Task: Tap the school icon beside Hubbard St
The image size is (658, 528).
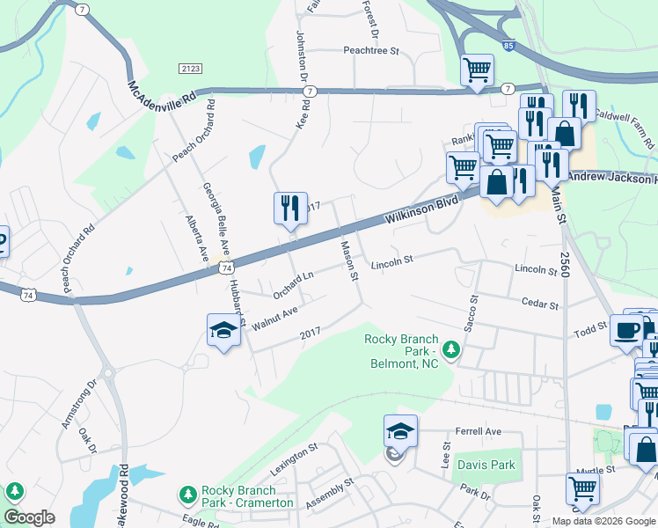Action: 223,331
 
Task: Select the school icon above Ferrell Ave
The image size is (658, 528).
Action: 400,432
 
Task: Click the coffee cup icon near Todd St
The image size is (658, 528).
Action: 626,330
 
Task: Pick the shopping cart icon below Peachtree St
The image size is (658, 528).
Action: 477,70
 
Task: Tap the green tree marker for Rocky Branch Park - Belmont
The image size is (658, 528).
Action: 451,350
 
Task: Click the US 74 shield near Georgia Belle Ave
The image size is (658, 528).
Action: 227,267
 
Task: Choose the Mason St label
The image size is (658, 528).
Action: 349,261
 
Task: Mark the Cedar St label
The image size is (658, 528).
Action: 540,304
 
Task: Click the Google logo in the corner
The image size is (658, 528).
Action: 30,517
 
